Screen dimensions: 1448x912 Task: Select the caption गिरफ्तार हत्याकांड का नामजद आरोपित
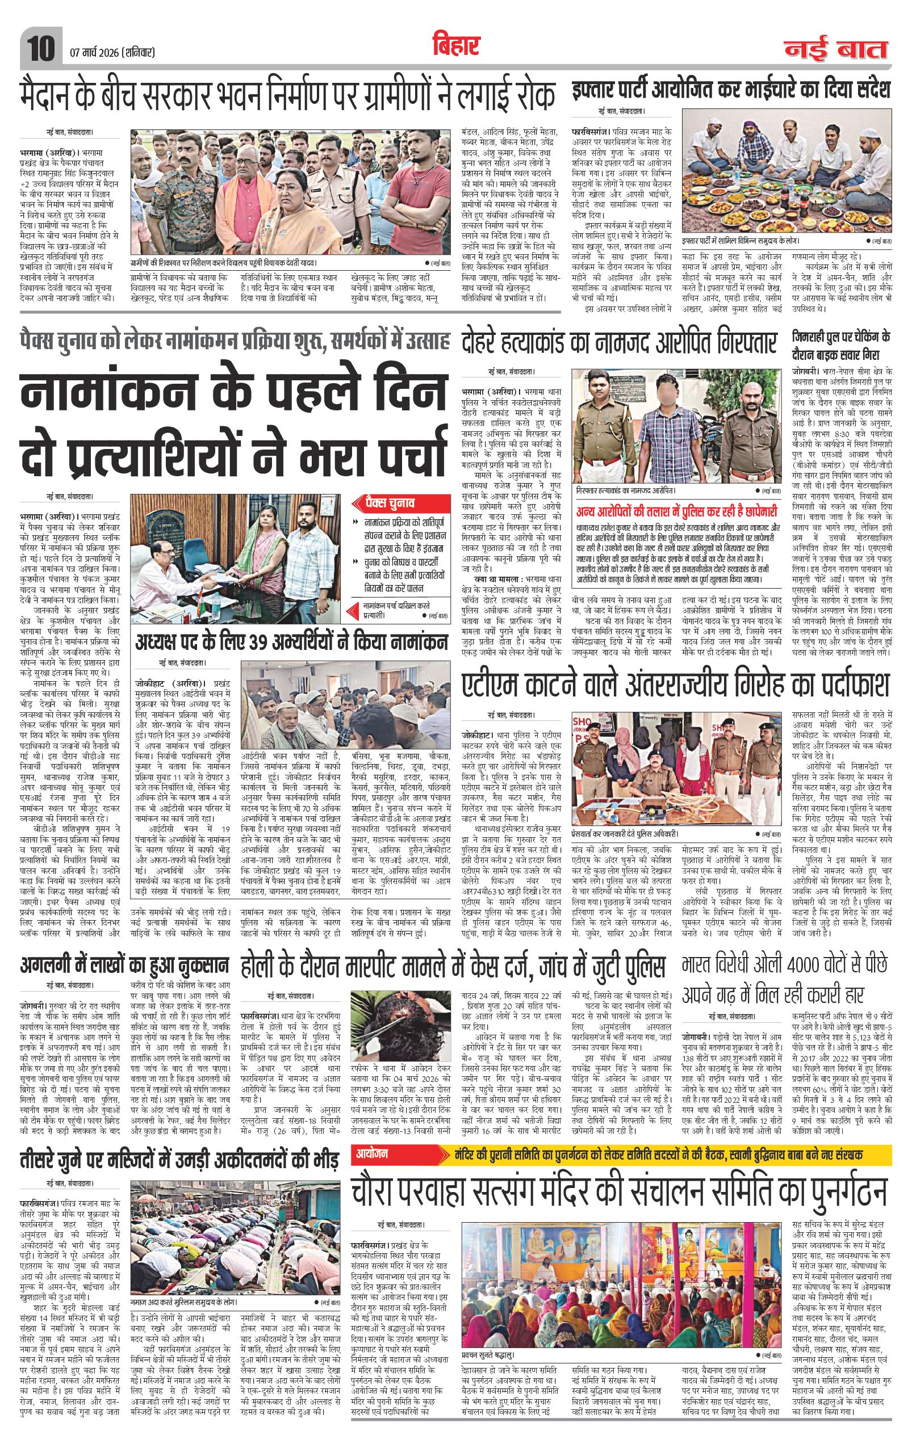click(631, 490)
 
